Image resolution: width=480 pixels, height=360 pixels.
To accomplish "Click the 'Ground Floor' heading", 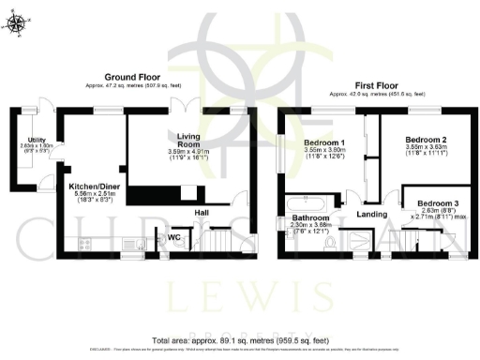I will (131, 76).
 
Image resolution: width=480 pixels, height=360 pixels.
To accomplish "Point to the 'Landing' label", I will (374, 215).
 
